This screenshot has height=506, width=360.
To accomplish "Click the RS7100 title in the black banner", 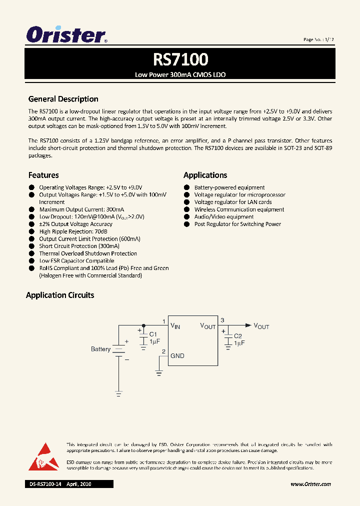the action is pos(180,59).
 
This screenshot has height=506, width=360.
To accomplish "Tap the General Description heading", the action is pos(63,99).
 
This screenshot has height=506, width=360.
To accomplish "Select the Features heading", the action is pos(43,175).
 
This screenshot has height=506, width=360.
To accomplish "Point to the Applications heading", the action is pos(205,175).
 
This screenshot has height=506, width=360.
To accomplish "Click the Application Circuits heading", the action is pos(60,295).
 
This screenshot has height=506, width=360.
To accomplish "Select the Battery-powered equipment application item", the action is pos(229,187).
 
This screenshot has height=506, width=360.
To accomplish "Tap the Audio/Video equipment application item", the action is pos(224,217).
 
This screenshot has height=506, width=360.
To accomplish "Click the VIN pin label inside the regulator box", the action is pos(175,326).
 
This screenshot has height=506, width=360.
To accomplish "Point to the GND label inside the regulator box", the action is pos(177,356).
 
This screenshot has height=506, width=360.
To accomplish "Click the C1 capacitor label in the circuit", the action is pos(153,334).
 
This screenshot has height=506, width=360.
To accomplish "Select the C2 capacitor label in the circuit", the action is pos(238,336).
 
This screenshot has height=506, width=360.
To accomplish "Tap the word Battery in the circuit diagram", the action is pos(100,349).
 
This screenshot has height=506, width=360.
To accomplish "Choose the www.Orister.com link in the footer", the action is pos(310,484).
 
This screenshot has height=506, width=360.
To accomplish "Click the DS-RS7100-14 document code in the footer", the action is pos(45,484).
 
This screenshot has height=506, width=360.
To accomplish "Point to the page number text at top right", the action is pos(318,39).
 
